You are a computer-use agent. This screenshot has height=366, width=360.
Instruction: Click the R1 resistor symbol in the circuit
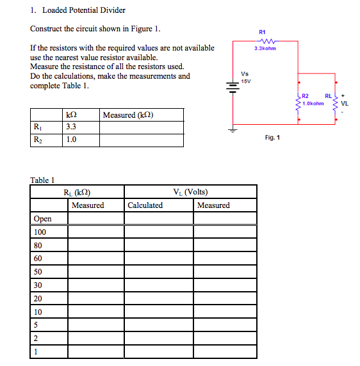tap(264, 40)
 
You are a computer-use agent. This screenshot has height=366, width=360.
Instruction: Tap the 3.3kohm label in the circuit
tap(264, 49)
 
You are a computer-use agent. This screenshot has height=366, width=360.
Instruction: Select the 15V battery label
tap(245, 80)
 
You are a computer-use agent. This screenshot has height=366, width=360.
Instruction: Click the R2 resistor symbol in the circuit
tap(299, 102)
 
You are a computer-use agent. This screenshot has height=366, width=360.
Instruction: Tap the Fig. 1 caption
tap(273, 138)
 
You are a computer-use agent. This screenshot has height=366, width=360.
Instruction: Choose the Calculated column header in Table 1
tap(145, 205)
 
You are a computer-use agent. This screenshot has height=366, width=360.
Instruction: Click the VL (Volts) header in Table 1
tap(190, 192)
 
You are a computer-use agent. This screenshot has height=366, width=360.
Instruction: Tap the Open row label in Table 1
tap(43, 219)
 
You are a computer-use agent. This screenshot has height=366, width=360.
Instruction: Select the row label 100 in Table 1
tap(40, 232)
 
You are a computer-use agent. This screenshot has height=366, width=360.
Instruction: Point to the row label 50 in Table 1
tap(38, 272)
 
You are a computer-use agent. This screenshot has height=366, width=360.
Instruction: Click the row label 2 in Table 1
tap(36, 338)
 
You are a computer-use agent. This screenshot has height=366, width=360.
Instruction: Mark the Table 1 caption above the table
tap(44, 179)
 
